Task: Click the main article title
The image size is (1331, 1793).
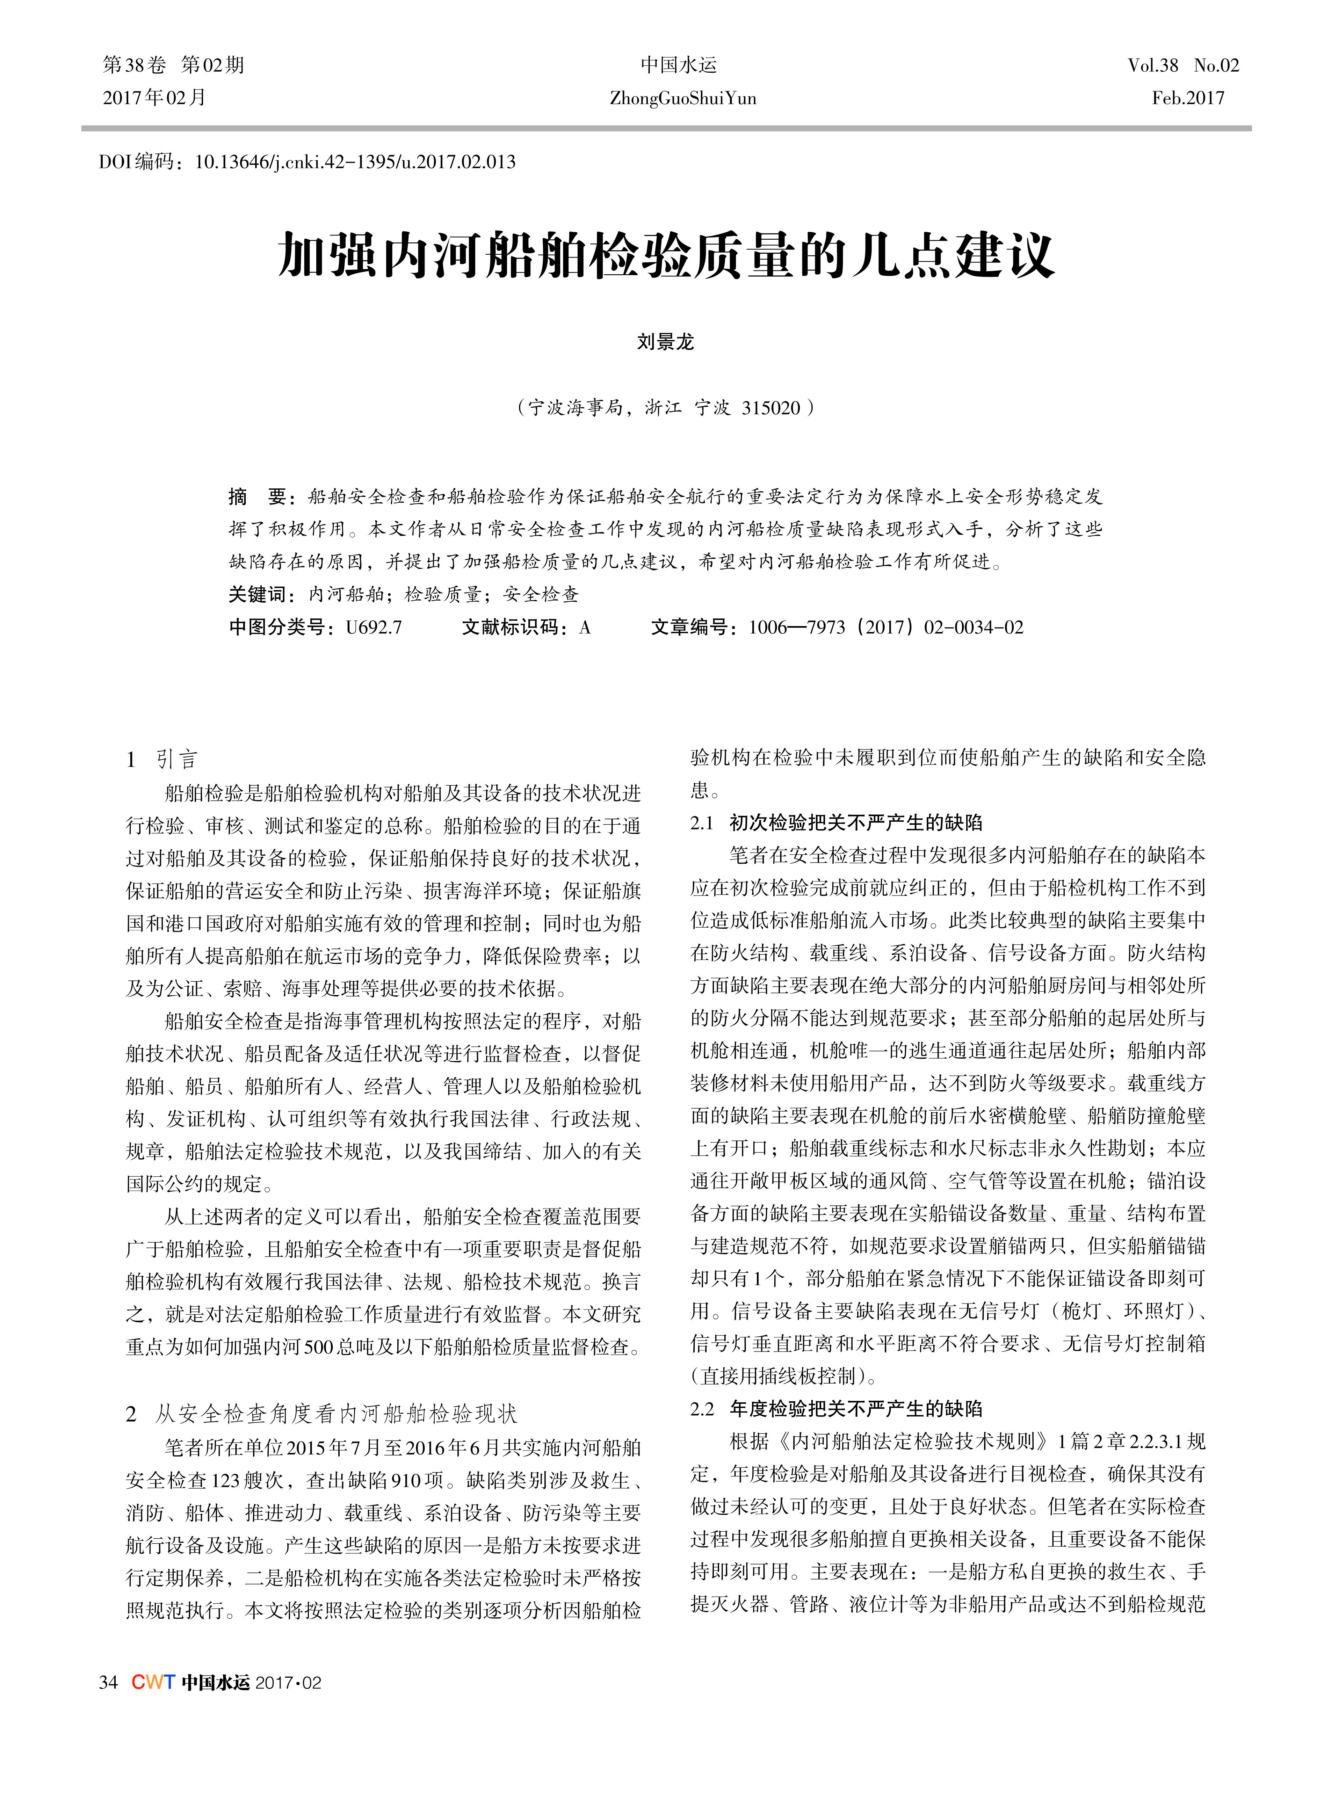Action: point(665,256)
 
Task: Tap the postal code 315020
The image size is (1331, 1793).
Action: point(771,408)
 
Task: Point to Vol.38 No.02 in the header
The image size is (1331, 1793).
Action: point(1183,65)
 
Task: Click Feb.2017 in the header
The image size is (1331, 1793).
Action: point(1188,98)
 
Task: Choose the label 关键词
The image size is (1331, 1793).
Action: point(258,594)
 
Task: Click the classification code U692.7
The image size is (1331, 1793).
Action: point(374,627)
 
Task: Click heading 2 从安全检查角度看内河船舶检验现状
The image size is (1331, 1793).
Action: point(322,1414)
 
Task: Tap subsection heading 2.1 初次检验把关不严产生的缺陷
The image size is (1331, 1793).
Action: point(836,822)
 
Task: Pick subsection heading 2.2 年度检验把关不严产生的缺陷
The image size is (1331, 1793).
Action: point(836,1409)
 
